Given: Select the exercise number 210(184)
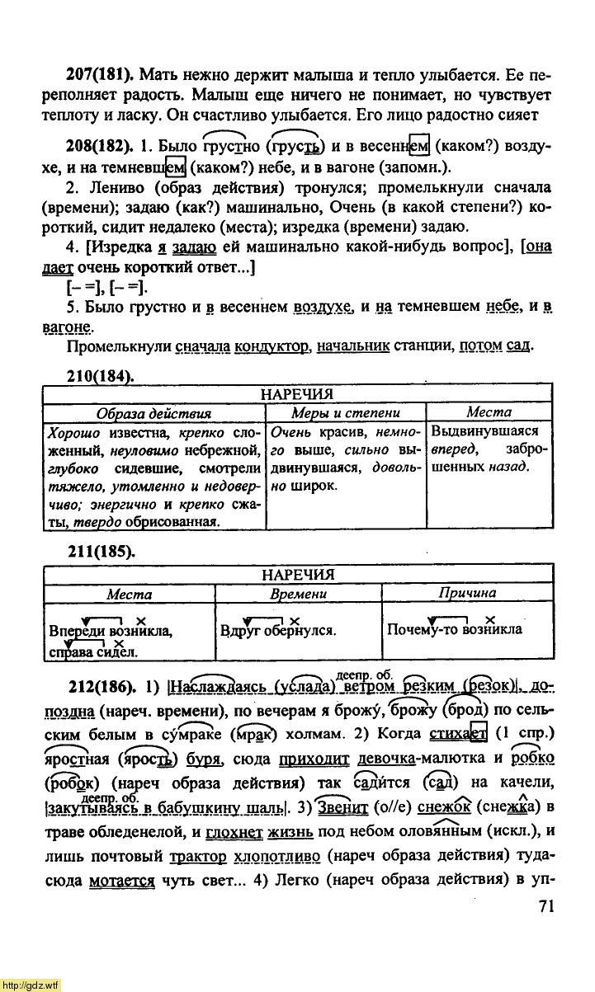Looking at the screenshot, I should pos(99,376).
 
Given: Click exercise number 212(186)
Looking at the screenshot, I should pos(103,688).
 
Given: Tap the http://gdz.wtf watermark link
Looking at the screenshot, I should pos(31,985).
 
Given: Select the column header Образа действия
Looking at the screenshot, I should pos(153,413).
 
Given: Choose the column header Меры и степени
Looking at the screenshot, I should pos(346,413).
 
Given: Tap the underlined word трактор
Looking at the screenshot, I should pos(204,857).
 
